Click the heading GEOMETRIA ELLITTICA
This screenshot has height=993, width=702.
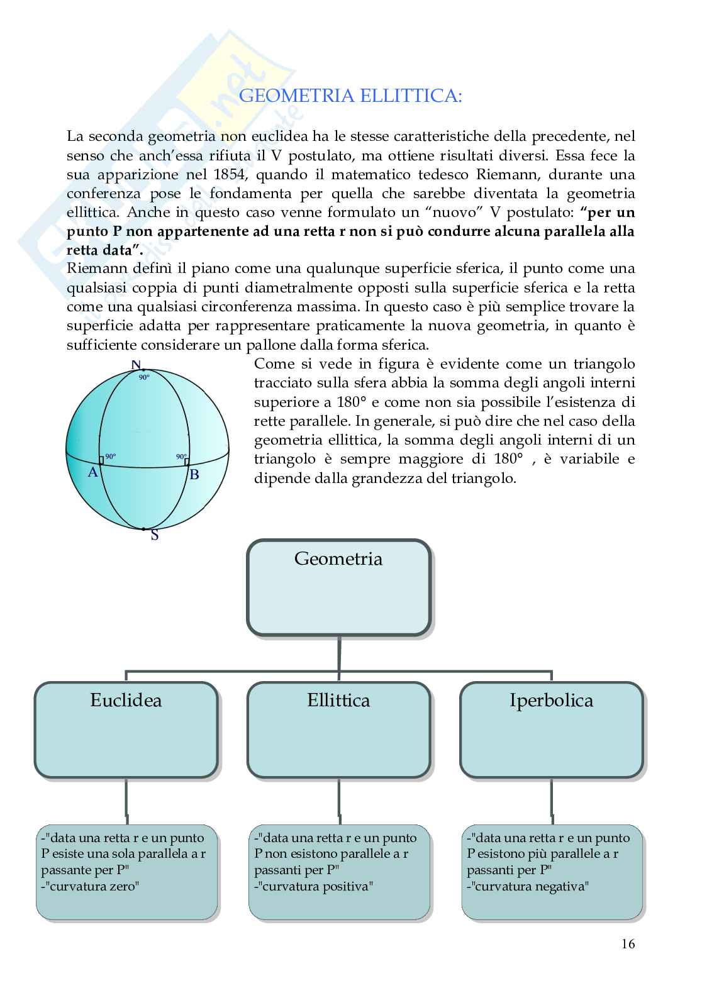(x=351, y=96)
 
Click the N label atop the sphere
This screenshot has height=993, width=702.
(x=136, y=365)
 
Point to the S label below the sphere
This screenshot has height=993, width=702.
(x=154, y=536)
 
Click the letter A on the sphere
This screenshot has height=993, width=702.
(x=92, y=472)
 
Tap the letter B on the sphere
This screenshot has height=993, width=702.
(x=194, y=474)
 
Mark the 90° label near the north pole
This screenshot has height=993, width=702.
(x=144, y=377)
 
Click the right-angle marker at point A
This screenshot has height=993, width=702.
(x=101, y=461)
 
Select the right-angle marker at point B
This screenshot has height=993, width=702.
(x=187, y=462)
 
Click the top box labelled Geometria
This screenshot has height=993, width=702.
(x=338, y=586)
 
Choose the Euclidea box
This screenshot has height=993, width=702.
(x=126, y=729)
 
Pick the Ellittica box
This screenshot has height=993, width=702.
(x=338, y=729)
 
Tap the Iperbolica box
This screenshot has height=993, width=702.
(x=551, y=729)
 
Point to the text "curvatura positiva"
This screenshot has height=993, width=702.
(x=316, y=887)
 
